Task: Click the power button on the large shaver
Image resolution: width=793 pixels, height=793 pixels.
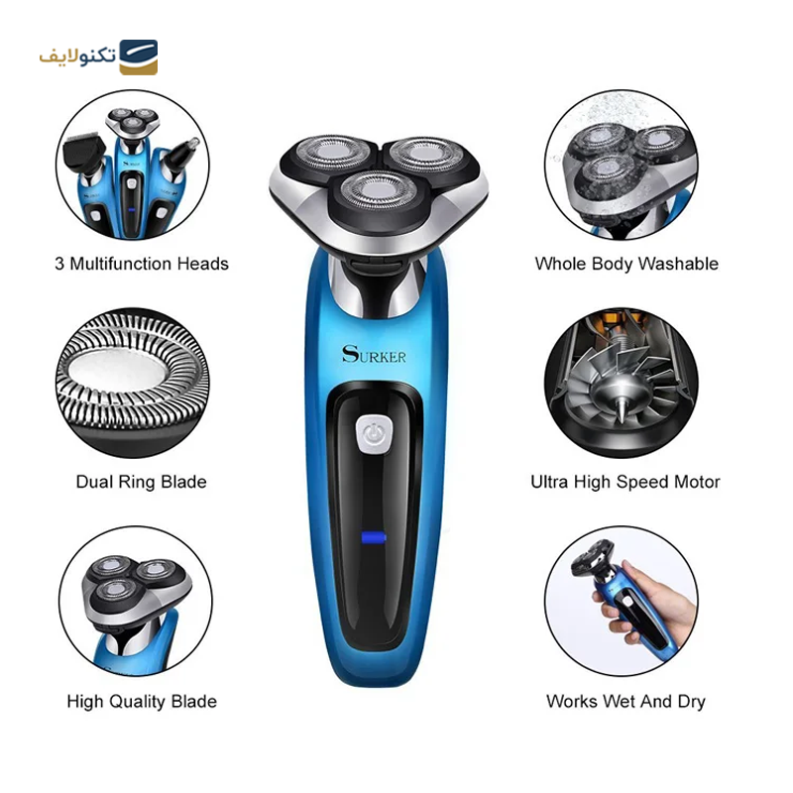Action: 375,434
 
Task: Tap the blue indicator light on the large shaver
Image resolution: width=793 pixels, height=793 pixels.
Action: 374,537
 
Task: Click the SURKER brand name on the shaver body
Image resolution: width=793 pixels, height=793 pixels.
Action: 374,355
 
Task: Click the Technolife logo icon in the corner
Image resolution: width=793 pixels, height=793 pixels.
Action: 138,57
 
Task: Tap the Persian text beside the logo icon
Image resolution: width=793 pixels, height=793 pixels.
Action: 78,57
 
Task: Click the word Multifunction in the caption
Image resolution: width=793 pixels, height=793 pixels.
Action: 121,264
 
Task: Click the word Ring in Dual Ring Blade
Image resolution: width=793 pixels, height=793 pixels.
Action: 137,483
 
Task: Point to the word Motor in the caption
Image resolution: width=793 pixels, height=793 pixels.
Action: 696,482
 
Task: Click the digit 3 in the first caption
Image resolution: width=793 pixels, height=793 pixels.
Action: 59,264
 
